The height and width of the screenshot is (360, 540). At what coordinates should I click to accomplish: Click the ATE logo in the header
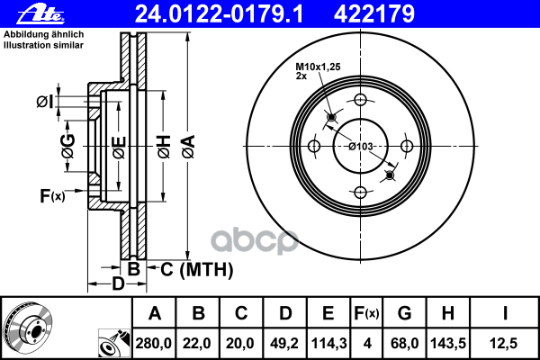(x=40, y=14)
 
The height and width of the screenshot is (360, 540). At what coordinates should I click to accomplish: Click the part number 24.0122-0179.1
(x=219, y=14)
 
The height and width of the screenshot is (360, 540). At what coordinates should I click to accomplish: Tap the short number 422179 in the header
(x=374, y=14)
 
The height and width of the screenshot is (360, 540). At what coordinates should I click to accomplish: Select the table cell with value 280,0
(x=154, y=344)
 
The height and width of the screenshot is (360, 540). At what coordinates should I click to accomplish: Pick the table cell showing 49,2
(x=284, y=344)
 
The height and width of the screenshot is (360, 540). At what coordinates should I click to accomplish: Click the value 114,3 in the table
(x=328, y=344)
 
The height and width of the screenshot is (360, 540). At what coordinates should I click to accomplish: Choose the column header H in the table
(x=448, y=313)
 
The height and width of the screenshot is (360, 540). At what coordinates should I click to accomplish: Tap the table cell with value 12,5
(x=503, y=344)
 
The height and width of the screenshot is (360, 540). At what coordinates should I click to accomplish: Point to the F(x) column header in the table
(x=366, y=313)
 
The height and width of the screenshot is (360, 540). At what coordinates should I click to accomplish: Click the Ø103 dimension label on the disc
(x=361, y=147)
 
